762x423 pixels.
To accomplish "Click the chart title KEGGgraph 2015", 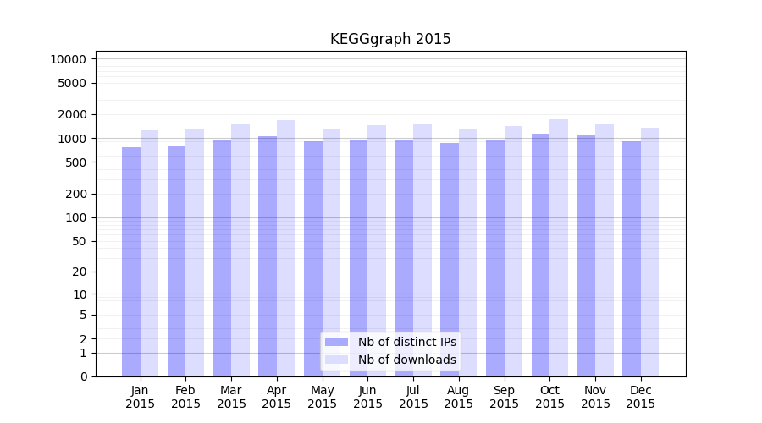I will pyautogui.click(x=390, y=39).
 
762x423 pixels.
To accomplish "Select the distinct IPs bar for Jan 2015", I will pyautogui.click(x=131, y=262).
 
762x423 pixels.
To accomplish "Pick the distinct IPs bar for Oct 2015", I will pyautogui.click(x=540, y=255).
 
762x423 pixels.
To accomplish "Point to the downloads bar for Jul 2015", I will pyautogui.click(x=422, y=250).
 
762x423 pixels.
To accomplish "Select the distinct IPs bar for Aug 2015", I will pyautogui.click(x=450, y=260).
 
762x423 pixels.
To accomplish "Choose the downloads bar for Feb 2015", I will pyautogui.click(x=195, y=253).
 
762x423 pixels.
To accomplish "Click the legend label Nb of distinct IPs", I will pyautogui.click(x=406, y=342).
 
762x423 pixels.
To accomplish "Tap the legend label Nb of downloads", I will pyautogui.click(x=406, y=360).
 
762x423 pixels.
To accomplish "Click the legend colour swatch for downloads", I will pyautogui.click(x=336, y=360).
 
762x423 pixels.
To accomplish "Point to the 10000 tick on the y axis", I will pyautogui.click(x=68, y=59).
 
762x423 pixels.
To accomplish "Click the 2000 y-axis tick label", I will pyautogui.click(x=71, y=114).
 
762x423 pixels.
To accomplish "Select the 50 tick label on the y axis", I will pyautogui.click(x=78, y=241).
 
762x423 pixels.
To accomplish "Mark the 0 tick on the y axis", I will pyautogui.click(x=83, y=376).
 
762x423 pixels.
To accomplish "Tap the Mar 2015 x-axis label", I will pyautogui.click(x=231, y=397).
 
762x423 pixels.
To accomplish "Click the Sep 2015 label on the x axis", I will pyautogui.click(x=504, y=397).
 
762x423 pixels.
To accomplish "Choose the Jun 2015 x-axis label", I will pyautogui.click(x=367, y=397).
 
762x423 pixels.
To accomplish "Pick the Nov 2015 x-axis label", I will pyautogui.click(x=595, y=397).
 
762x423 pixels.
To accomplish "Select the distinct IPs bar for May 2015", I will pyautogui.click(x=313, y=259).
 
